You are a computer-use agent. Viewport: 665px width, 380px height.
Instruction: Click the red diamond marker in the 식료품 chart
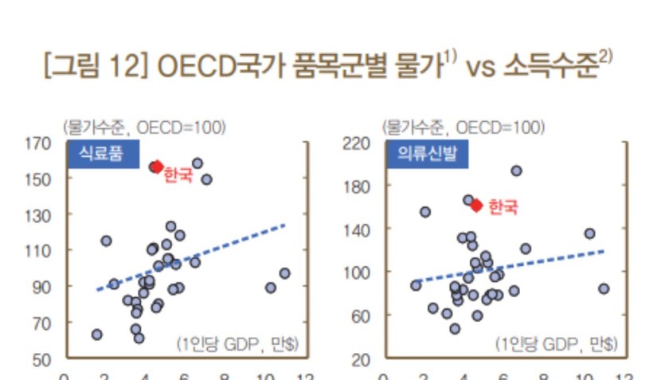(156, 166)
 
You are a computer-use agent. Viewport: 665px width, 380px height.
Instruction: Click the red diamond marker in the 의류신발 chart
(476, 205)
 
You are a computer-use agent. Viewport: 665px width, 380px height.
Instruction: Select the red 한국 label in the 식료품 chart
(178, 174)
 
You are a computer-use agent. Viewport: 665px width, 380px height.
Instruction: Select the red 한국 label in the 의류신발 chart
(503, 207)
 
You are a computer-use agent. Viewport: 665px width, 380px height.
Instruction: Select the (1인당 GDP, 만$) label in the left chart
(237, 343)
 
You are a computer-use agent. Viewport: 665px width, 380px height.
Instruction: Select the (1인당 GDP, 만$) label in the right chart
(557, 343)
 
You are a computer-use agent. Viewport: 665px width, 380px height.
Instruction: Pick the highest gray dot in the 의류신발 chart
(516, 170)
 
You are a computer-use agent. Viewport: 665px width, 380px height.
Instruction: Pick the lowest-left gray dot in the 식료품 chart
(96, 335)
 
